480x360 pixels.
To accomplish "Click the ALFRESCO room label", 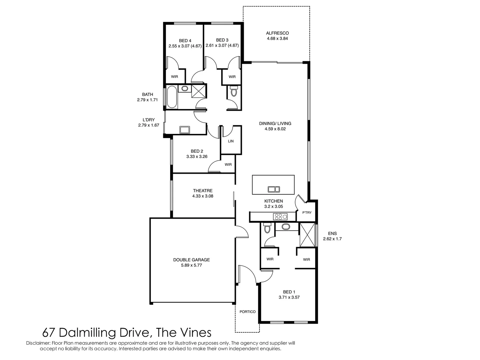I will tap(277, 33).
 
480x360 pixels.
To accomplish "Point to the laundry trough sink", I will tap(184, 129).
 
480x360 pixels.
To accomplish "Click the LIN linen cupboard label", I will tap(231, 141).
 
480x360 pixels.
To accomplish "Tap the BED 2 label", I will tap(197, 151).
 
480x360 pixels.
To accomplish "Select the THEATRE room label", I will tap(203, 191).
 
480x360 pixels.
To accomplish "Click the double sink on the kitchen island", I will tap(274, 189).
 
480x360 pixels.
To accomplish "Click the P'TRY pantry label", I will tap(307, 212).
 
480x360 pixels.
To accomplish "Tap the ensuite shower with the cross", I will tap(307, 235).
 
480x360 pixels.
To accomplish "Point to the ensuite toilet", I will tap(266, 229).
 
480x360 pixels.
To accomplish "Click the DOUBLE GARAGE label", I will tap(191, 260).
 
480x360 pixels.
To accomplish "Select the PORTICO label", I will tap(247, 312).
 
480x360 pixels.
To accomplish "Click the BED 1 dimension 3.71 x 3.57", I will tap(289, 297).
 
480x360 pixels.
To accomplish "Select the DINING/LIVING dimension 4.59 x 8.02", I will tap(275, 129).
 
